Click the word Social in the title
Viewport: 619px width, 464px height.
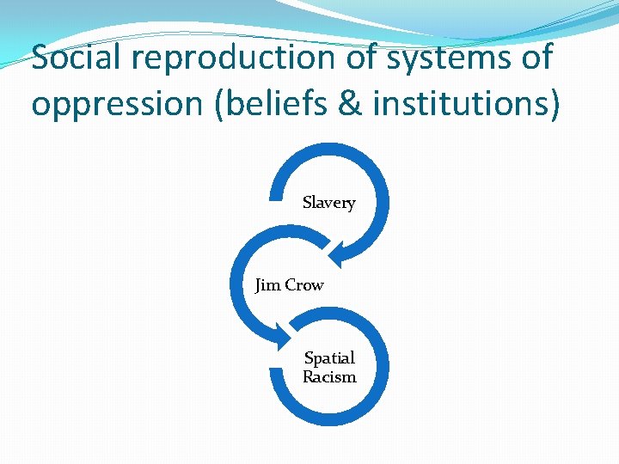tap(73, 58)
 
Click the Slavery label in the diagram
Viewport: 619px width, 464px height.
tap(328, 204)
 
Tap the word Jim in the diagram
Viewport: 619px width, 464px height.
tap(267, 285)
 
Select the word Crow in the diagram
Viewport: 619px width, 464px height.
tap(303, 285)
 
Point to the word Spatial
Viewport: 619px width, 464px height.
tap(329, 358)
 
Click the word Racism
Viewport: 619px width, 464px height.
tap(329, 377)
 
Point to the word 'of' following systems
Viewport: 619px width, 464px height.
tap(534, 58)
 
